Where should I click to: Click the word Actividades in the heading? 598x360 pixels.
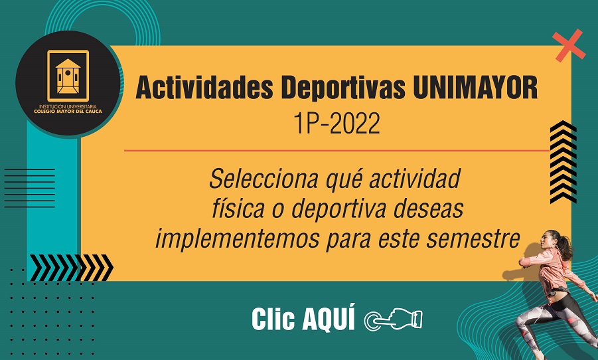click(x=204, y=88)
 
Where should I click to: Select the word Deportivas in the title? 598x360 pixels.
click(x=342, y=88)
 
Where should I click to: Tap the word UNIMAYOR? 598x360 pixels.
click(x=475, y=88)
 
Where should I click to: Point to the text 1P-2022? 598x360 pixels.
click(x=336, y=124)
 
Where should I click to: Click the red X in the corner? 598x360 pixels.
click(x=569, y=45)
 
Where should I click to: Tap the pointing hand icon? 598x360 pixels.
click(x=394, y=319)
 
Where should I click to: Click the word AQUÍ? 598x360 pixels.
click(x=329, y=317)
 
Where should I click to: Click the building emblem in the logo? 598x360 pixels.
click(x=68, y=76)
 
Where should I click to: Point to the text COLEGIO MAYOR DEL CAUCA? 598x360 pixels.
click(x=68, y=112)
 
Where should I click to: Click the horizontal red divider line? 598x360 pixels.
click(x=336, y=150)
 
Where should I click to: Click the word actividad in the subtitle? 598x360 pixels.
click(x=415, y=179)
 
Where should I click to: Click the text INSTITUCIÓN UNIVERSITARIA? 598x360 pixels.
click(x=68, y=106)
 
